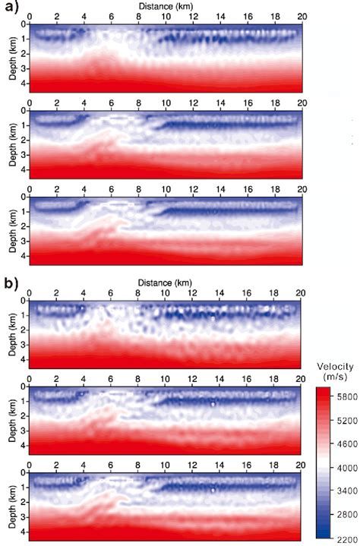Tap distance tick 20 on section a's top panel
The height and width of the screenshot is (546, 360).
(302, 15)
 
